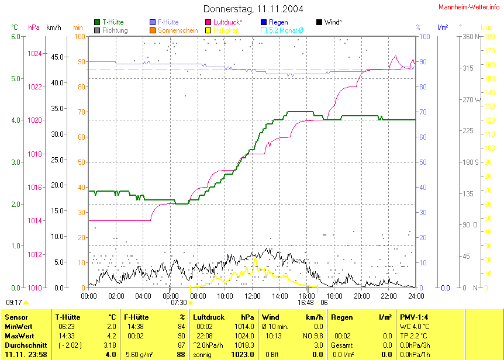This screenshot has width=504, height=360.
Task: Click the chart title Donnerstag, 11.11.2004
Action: [x=253, y=9]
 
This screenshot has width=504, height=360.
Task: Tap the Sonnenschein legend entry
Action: [x=177, y=30]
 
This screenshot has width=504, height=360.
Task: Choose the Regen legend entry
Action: [x=278, y=22]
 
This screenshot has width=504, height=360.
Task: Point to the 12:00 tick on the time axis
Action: [x=252, y=296]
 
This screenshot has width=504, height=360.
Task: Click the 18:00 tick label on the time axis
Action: [x=334, y=296]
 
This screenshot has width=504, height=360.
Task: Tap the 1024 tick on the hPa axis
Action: [x=35, y=53]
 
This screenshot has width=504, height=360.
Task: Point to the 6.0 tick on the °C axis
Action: [x=16, y=37]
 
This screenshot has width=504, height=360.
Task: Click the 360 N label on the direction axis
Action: [x=471, y=37]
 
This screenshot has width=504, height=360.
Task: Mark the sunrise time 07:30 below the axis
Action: [x=178, y=303]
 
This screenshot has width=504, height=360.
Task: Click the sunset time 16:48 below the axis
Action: [x=305, y=303]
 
